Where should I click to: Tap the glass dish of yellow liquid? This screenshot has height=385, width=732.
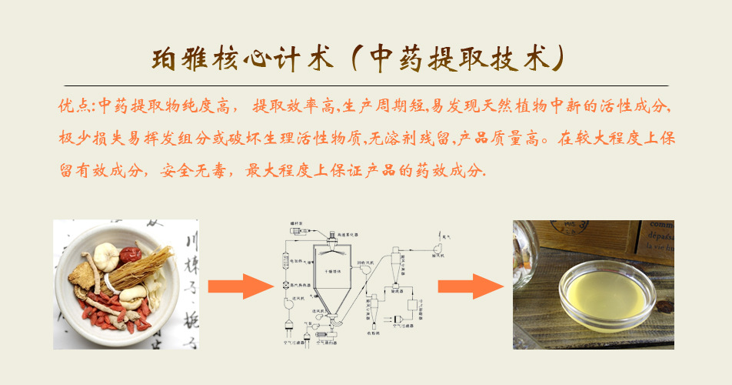pyautogui.click(x=607, y=294)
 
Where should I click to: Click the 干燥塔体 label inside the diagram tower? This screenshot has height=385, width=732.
pyautogui.click(x=336, y=272)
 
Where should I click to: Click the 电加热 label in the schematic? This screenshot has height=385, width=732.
pyautogui.click(x=298, y=271)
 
